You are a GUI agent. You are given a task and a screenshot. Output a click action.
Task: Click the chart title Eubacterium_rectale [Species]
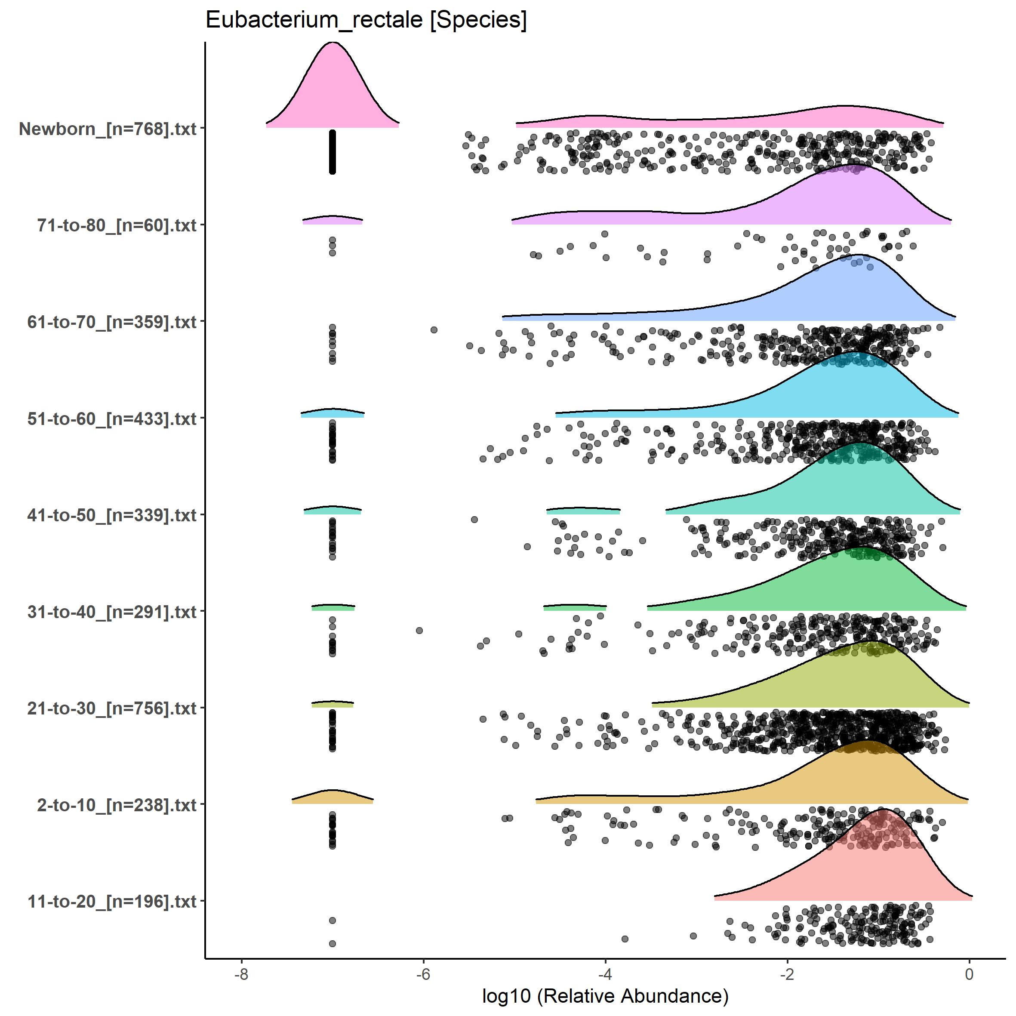coord(366,20)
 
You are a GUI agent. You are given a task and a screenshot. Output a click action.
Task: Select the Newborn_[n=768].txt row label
coord(108,129)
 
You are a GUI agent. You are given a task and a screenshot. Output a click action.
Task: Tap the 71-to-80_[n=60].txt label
coord(117,225)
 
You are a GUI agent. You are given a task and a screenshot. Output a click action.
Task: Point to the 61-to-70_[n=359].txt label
coord(112,322)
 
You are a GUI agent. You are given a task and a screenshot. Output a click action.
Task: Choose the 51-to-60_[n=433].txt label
coord(112,419)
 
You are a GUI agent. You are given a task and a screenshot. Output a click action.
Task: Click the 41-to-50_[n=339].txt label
coord(112,515)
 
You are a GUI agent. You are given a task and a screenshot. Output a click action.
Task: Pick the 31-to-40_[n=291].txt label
coord(112,612)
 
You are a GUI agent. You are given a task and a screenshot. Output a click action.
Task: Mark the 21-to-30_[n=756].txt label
coord(112,708)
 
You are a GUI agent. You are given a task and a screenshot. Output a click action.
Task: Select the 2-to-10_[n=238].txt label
coord(117,805)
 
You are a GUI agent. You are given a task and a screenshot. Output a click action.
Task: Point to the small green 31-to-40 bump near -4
coord(575,608)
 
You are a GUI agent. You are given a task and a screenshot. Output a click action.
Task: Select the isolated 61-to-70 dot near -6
coord(434,330)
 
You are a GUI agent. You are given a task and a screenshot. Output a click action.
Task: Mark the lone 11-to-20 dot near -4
coord(625,939)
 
